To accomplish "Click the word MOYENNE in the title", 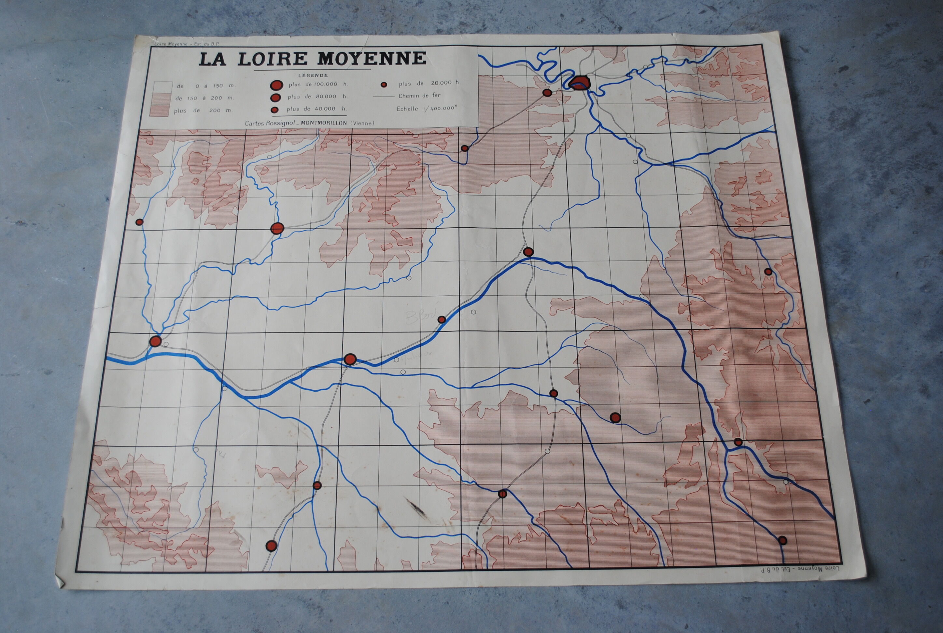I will (x=372, y=59).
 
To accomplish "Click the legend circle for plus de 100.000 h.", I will (x=276, y=85).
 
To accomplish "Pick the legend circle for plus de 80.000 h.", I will (x=276, y=97).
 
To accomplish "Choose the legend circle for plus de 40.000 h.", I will (x=275, y=109).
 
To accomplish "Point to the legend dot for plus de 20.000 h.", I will (x=384, y=84).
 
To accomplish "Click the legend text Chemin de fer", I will (x=419, y=96).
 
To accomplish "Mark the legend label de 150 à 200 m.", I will (x=205, y=98).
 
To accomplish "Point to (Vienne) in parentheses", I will (x=362, y=123).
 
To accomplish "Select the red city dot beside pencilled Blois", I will (x=442, y=320).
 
